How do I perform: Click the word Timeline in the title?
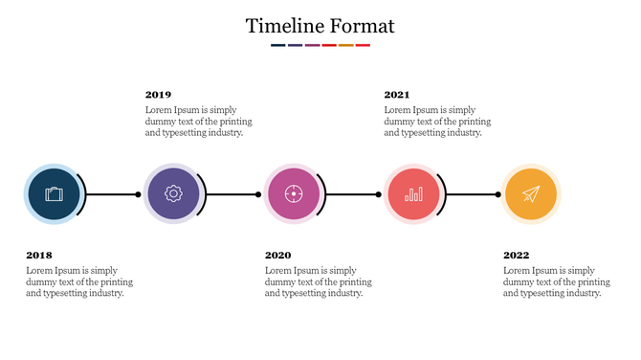pyautogui.click(x=282, y=26)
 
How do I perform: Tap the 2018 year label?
pyautogui.click(x=39, y=256)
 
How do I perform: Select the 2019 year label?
pyautogui.click(x=159, y=95)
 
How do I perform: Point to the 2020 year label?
pyautogui.click(x=277, y=256)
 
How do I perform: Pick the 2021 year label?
pyautogui.click(x=397, y=95)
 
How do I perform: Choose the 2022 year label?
pyautogui.click(x=516, y=256)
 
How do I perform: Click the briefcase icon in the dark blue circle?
pyautogui.click(x=54, y=194)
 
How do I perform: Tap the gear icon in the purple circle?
pyautogui.click(x=173, y=194)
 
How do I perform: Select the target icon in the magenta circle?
pyautogui.click(x=293, y=194)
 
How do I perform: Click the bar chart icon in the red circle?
pyautogui.click(x=413, y=194)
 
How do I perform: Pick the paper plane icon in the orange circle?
pyautogui.click(x=531, y=194)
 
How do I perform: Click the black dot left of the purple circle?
pyautogui.click(x=138, y=194)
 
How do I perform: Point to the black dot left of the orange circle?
pyautogui.click(x=497, y=194)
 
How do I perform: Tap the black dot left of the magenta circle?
pyautogui.click(x=258, y=194)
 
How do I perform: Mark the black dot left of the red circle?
pyautogui.click(x=378, y=194)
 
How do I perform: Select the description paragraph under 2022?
pyautogui.click(x=556, y=282)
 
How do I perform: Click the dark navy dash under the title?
pyautogui.click(x=277, y=45)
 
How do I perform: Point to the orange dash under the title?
pyautogui.click(x=345, y=45)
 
